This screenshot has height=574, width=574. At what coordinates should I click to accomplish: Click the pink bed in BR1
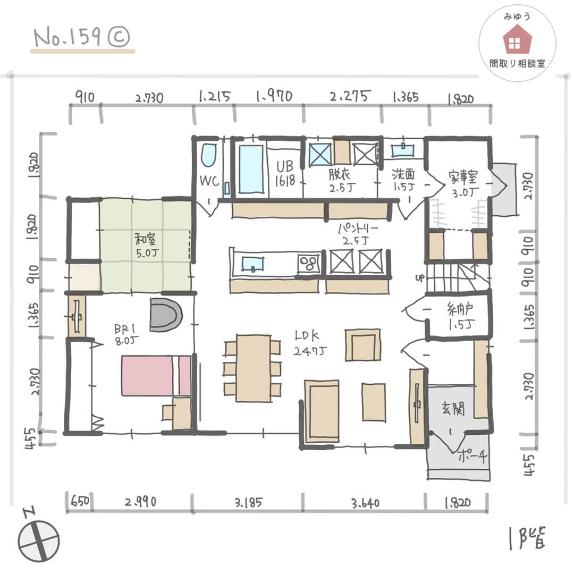(x=156, y=375)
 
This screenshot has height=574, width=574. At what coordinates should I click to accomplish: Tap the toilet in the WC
(x=209, y=155)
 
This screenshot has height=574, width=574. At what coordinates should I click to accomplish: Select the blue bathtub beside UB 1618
(x=251, y=169)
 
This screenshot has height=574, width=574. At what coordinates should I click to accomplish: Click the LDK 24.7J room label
(x=310, y=343)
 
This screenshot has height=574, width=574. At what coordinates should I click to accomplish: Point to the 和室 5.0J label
(x=147, y=245)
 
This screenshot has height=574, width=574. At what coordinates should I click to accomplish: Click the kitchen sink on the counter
(x=252, y=264)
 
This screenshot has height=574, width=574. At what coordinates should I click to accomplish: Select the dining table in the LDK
(x=254, y=368)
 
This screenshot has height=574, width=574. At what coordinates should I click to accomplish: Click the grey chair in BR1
(x=166, y=315)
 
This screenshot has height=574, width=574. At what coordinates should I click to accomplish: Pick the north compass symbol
(x=38, y=540)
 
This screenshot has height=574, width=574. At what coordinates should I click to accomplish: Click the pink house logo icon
(x=517, y=40)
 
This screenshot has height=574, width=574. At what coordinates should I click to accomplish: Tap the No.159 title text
(x=81, y=38)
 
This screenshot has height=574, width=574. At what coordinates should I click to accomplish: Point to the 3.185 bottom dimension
(x=248, y=502)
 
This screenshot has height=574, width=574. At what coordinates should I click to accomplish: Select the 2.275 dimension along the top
(x=350, y=96)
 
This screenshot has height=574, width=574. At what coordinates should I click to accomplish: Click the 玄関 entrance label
(x=453, y=408)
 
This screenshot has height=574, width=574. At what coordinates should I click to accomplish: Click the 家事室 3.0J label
(x=463, y=184)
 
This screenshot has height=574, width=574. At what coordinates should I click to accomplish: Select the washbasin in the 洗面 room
(x=403, y=150)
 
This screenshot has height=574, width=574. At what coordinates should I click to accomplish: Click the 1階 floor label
(x=527, y=538)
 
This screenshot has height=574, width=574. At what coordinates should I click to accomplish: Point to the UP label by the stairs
(x=420, y=278)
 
